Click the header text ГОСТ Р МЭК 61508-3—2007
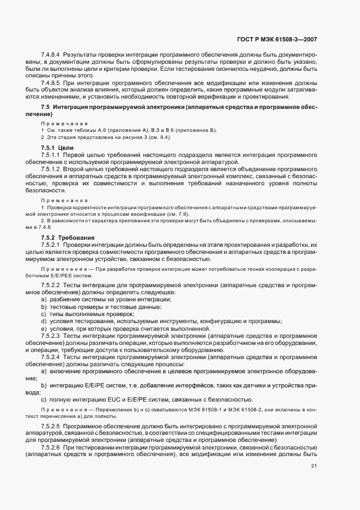(x=278, y=39)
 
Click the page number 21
(x=314, y=465)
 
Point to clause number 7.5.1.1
(x=51, y=155)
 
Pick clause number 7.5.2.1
(x=51, y=245)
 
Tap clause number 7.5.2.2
(x=51, y=286)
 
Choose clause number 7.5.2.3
(x=51, y=336)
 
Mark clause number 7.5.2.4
(x=51, y=356)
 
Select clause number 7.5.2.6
(x=51, y=447)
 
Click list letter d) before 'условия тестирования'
(x=44, y=321)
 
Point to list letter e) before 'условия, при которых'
(x=44, y=329)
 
